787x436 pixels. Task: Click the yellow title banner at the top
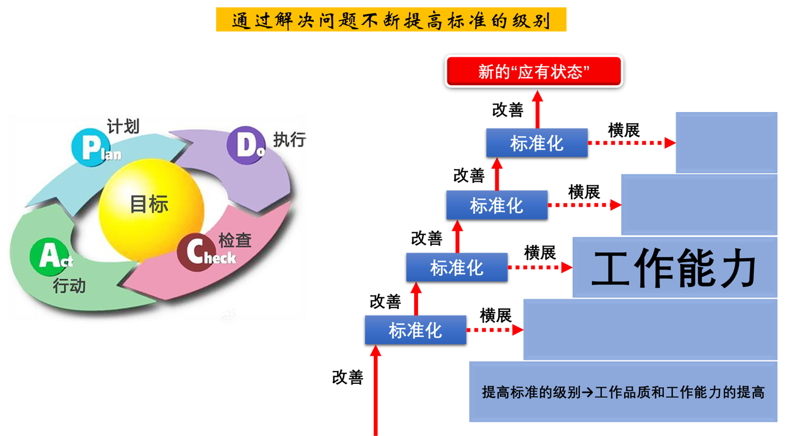391,20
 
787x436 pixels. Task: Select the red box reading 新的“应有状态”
534,71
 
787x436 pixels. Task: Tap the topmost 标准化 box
537,143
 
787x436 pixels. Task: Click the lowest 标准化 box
415,330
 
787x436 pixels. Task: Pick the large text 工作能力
674,268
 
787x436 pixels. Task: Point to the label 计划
123,126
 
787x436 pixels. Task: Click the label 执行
289,140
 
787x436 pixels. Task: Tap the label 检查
235,240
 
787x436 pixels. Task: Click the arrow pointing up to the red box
537,109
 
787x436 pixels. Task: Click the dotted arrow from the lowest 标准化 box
495,330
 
